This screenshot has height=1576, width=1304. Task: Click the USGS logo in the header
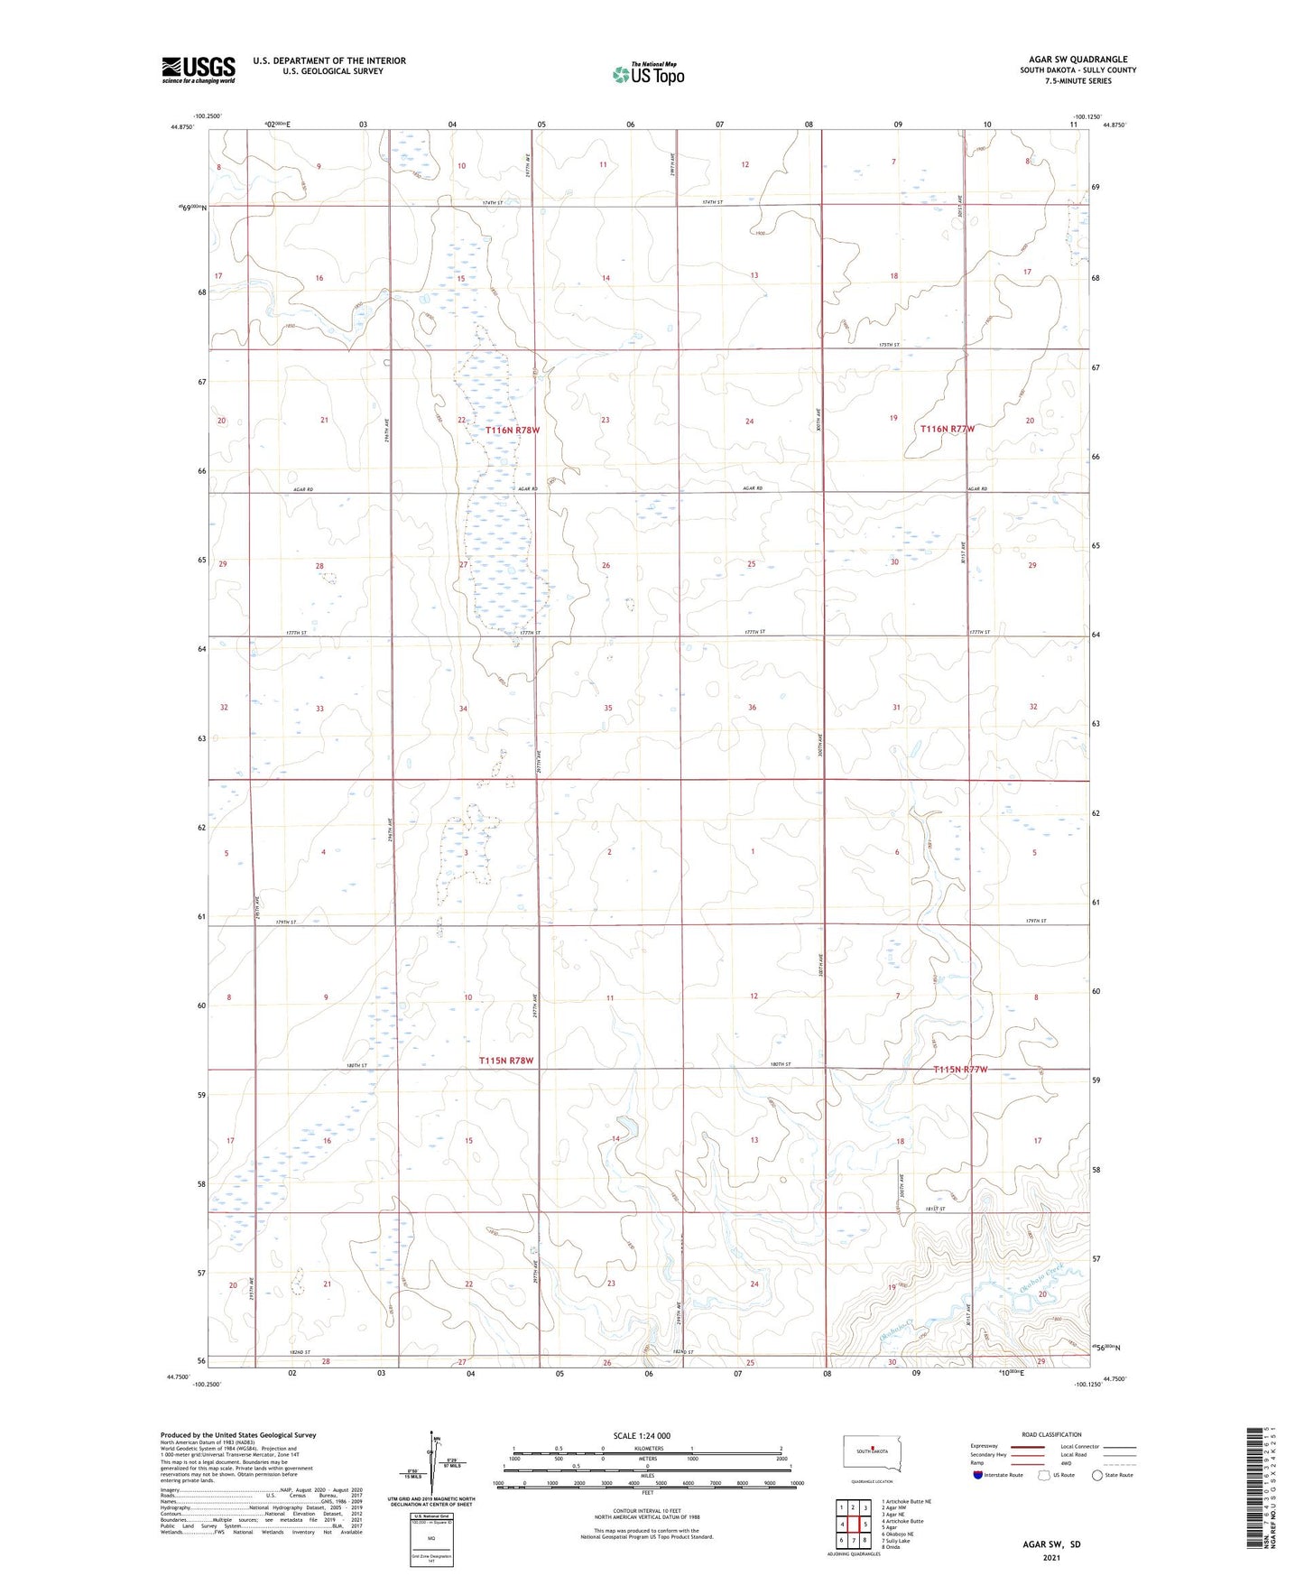199,70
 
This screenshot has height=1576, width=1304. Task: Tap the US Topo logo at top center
648,74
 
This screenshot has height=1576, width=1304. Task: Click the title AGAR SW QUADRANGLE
1077,60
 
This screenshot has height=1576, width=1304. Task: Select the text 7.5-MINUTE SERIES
1078,81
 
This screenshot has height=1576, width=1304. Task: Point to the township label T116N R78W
513,431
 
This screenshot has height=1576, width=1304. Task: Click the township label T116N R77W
948,429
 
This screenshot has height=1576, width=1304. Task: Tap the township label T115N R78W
506,1061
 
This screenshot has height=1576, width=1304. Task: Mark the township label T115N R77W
960,1069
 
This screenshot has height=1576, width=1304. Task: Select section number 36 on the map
752,708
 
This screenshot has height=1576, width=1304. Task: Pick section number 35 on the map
608,709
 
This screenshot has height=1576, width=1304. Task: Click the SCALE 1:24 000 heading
642,1435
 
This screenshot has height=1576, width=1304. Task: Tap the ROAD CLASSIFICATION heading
1051,1434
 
